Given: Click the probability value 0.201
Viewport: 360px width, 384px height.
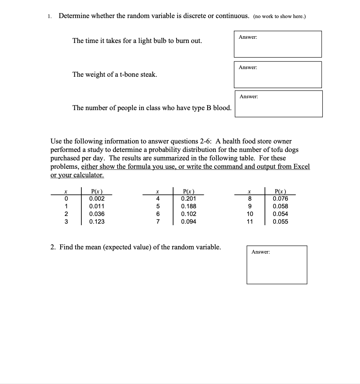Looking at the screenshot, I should [188, 198].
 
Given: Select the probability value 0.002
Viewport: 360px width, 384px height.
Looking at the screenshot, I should [97, 198].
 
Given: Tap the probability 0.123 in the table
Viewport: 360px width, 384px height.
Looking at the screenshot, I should [97, 221].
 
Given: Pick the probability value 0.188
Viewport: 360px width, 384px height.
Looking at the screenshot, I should [188, 206].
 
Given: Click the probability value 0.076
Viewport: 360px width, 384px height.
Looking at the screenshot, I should [280, 198].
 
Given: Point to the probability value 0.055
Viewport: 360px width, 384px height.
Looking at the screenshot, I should [280, 221].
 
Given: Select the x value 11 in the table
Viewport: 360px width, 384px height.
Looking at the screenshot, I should [249, 221].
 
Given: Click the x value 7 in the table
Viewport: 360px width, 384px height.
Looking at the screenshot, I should [157, 221].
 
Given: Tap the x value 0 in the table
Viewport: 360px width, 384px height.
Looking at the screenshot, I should [66, 198].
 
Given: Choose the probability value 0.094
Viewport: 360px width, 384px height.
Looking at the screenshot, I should [188, 221].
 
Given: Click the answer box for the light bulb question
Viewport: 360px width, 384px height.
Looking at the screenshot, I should [278, 44].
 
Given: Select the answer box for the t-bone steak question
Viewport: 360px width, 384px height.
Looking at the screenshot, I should [278, 74].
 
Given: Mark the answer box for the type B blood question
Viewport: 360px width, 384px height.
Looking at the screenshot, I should [279, 104].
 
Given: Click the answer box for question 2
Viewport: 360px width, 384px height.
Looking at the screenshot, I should [277, 265].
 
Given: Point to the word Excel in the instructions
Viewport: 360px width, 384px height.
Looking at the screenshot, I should [301, 167].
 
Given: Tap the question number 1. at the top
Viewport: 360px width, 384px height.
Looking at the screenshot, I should [50, 16].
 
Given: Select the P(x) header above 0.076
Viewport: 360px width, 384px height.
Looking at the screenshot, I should [280, 191].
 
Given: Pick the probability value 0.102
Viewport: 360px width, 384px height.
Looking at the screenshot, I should [188, 214].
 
